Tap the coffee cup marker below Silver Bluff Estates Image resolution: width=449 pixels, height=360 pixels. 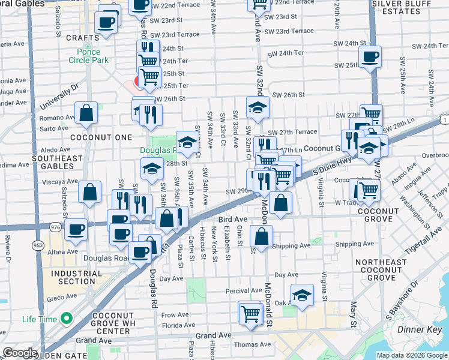coord(369,57)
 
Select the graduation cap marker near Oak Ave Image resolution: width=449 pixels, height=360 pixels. coord(302,295)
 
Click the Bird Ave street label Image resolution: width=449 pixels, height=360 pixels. coord(233,220)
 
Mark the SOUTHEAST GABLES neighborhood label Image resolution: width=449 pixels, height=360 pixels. coord(58,163)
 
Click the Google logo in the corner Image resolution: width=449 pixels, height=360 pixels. coord(20,353)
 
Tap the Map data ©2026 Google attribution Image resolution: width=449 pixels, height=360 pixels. coord(412,355)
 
